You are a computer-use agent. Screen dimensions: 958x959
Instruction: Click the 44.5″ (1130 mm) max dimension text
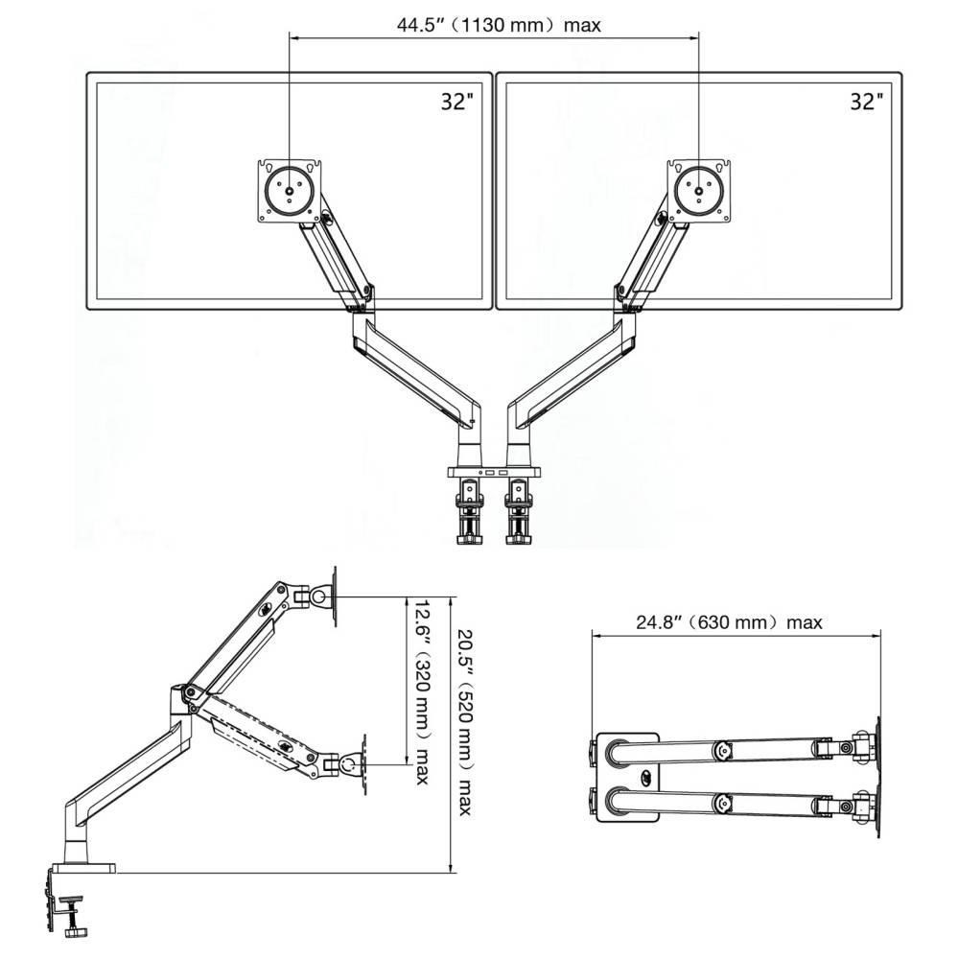[499, 25]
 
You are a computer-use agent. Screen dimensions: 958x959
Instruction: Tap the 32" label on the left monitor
[457, 102]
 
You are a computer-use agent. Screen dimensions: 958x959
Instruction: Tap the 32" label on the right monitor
[867, 102]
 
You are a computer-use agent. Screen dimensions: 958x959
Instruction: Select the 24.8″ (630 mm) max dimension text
[729, 622]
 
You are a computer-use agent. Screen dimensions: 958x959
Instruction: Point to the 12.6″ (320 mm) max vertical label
[422, 691]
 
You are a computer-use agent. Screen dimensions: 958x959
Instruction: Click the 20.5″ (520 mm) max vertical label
[465, 722]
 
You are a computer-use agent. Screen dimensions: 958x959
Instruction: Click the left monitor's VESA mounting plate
[290, 191]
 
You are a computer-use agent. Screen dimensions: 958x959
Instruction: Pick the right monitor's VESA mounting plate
[699, 191]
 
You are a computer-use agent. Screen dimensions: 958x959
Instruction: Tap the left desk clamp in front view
[469, 511]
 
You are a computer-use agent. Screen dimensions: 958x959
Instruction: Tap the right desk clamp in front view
[520, 511]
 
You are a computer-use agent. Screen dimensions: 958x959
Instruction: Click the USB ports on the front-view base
[494, 473]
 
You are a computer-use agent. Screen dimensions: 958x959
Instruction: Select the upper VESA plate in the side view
[334, 596]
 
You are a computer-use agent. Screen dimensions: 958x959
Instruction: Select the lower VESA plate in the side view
[364, 764]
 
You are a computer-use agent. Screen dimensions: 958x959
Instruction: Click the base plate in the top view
[628, 777]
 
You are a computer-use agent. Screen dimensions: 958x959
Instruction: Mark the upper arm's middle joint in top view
[722, 750]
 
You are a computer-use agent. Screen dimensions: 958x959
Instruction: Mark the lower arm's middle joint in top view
[722, 803]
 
